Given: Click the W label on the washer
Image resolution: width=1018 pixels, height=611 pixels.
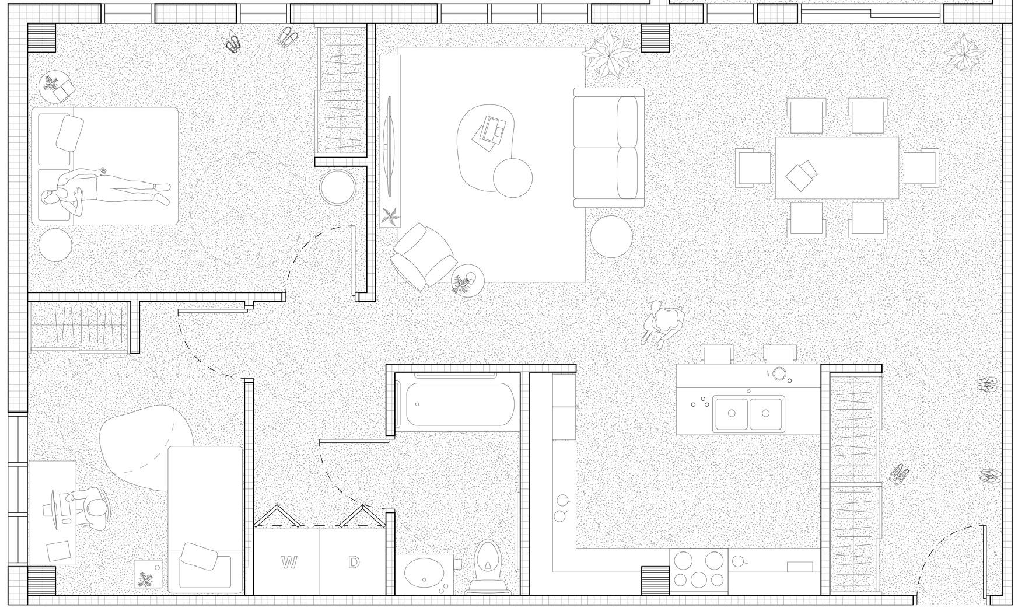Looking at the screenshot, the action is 288,563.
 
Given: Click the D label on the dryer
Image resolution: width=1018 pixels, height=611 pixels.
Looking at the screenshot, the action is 354,563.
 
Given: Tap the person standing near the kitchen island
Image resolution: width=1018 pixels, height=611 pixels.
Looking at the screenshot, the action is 664,322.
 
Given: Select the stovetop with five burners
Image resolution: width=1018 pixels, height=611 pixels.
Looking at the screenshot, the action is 698,570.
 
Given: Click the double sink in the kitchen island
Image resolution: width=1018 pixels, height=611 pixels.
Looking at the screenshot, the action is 749,413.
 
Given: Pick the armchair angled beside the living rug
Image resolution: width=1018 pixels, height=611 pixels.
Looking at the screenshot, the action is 423,256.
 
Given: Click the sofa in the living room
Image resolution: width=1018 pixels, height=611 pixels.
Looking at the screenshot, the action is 609,147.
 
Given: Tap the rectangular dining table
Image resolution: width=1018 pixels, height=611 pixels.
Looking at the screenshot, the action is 837,168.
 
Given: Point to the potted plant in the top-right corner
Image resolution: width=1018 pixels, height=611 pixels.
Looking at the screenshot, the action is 964,54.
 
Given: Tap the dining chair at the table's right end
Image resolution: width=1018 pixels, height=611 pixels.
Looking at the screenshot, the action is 921,167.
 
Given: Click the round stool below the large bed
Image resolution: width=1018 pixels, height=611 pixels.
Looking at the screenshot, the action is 55,244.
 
